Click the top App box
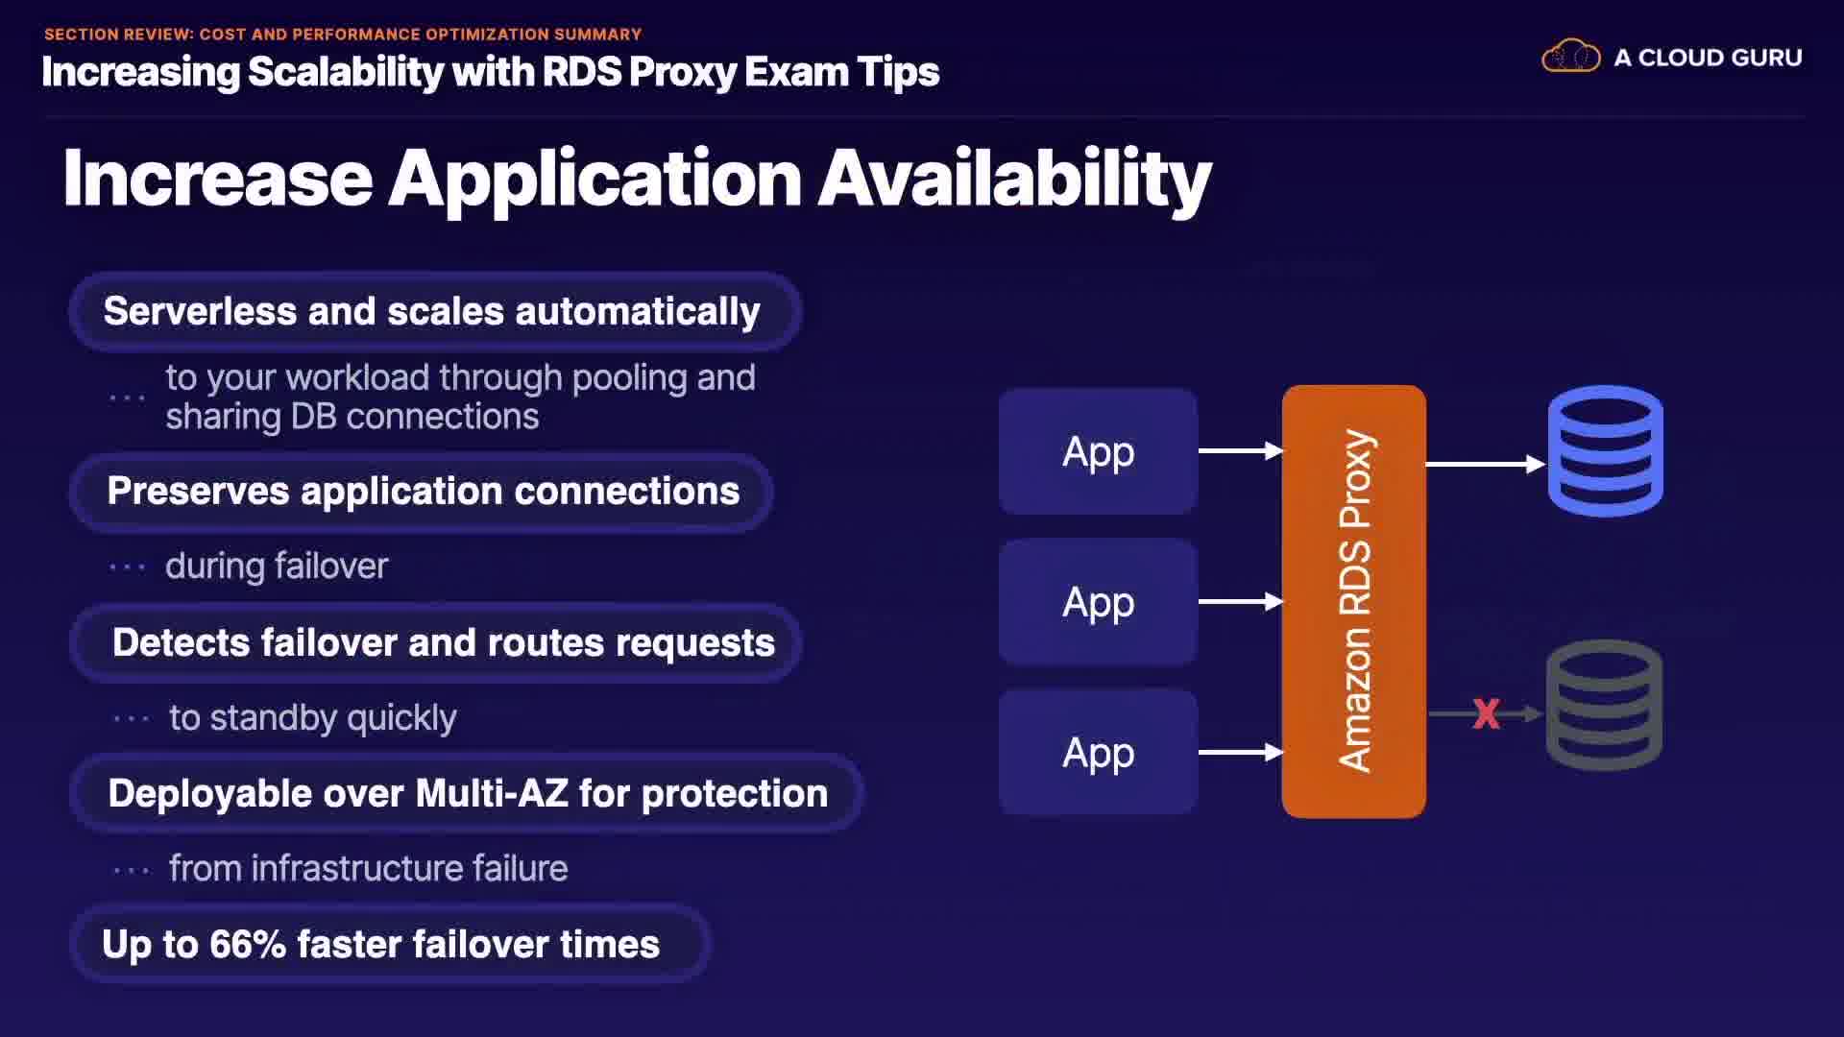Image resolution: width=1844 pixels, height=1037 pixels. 1098,451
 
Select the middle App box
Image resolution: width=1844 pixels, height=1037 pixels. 1098,602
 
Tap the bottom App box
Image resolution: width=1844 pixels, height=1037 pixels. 1098,753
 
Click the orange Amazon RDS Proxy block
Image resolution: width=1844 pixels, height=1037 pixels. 1354,601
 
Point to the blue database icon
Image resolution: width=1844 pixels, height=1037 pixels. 1605,450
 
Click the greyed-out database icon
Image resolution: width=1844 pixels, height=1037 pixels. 1604,705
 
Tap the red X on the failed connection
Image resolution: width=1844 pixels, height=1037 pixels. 1486,713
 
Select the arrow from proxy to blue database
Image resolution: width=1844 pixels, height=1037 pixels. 1486,464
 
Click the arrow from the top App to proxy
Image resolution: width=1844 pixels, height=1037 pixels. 1241,450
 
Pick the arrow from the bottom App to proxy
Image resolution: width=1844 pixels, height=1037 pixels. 1241,752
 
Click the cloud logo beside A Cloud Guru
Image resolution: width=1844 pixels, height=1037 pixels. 1570,57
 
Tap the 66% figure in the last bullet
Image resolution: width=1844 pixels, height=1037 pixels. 248,944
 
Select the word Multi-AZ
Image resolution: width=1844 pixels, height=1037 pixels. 492,794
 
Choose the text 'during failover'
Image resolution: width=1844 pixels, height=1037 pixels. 277,567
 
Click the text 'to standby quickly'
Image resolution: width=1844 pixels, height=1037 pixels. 313,718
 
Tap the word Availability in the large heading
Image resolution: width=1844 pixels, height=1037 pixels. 1015,180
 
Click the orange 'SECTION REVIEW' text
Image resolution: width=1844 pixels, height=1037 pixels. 118,35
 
